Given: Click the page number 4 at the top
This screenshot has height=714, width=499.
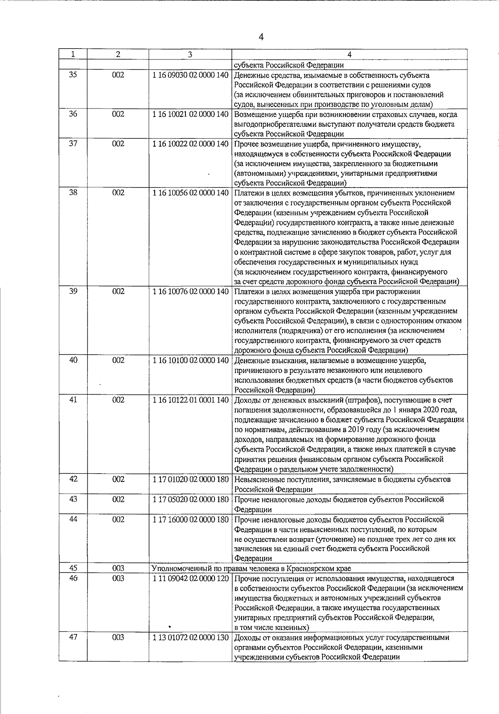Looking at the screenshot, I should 261,37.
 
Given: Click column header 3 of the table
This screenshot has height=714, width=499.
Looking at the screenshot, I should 190,54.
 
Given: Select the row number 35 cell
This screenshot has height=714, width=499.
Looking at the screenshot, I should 73,75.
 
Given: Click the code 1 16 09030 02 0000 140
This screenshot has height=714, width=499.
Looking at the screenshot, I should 190,76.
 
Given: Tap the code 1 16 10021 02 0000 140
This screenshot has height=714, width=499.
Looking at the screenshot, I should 190,115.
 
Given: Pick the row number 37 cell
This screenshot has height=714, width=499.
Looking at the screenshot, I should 73,144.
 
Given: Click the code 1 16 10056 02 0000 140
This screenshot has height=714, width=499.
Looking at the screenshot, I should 190,193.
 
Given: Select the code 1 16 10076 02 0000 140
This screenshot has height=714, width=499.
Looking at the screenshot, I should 190,292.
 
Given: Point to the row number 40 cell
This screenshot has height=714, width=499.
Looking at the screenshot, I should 73,360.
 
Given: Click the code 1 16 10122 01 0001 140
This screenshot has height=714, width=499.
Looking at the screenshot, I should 190,400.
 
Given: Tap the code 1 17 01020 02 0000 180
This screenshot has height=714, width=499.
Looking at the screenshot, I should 190,479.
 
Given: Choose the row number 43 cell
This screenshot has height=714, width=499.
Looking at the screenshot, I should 73,499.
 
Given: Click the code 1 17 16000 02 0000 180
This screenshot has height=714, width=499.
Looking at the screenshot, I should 190,519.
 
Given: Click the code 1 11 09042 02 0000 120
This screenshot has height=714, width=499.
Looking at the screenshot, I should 190,578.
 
